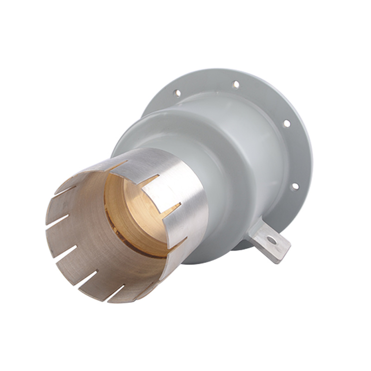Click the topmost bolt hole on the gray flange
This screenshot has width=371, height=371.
click(236, 85)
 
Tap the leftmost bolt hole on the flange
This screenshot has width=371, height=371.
click(177, 93)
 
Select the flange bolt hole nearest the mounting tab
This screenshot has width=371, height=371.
click(294, 186)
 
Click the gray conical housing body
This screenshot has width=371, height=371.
click(241, 153)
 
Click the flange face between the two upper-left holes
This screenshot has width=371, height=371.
click(206, 86)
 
